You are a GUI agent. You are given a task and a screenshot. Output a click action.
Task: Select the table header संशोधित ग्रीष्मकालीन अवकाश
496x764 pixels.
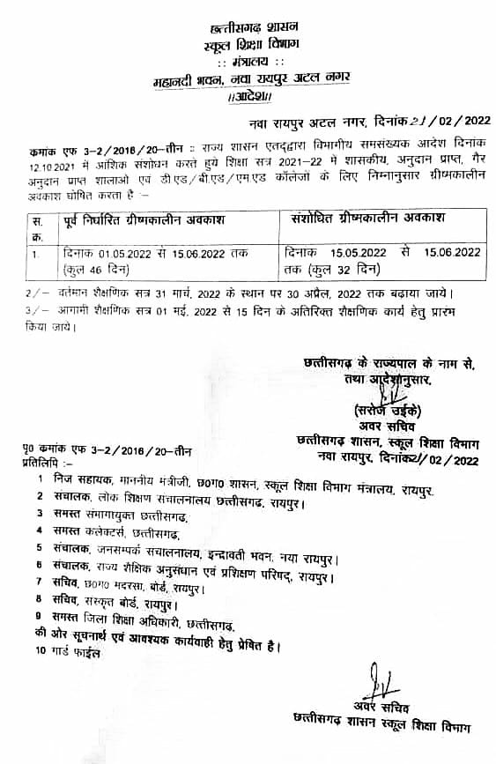[368, 218]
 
